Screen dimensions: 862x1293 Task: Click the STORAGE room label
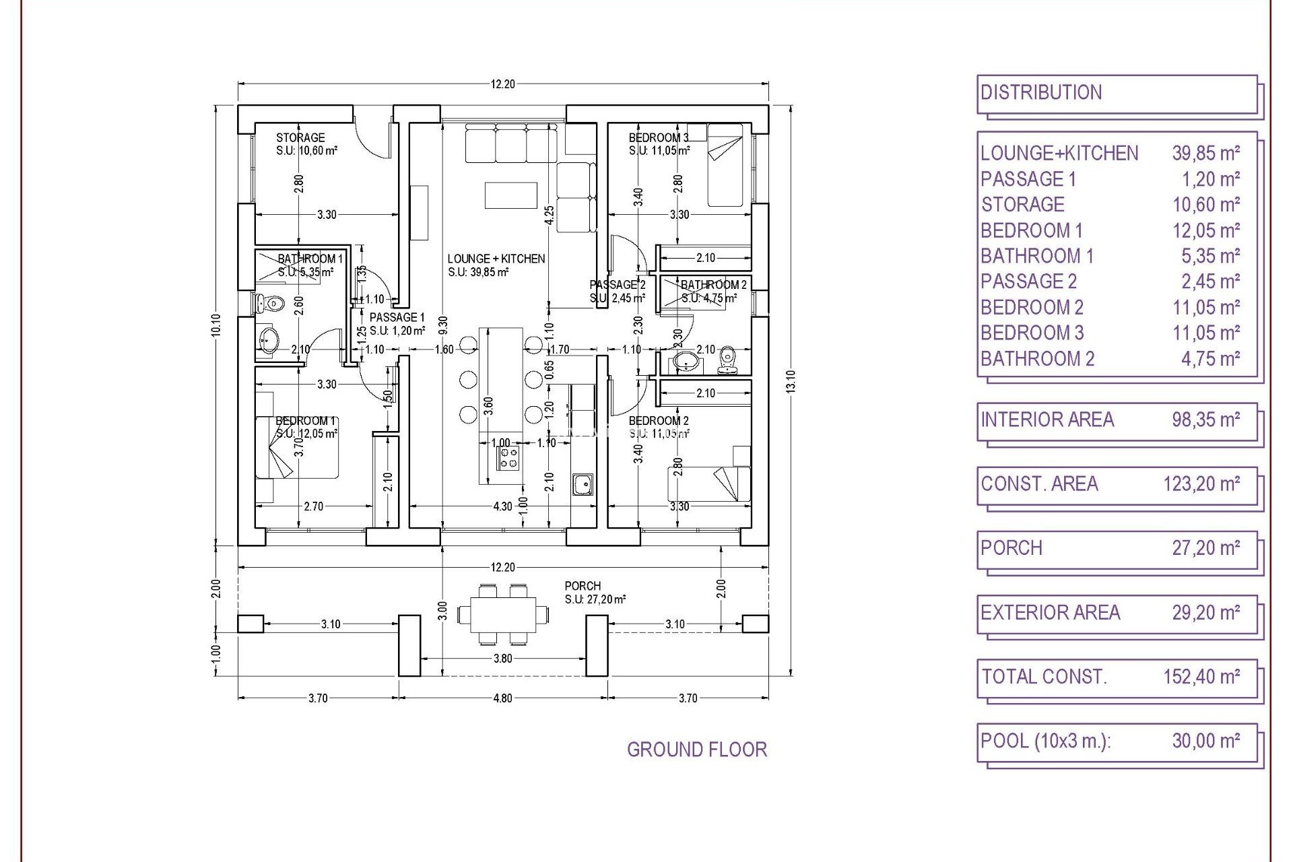[300, 137]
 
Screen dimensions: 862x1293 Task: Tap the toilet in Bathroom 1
[271, 304]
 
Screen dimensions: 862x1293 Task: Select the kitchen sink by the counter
[582, 484]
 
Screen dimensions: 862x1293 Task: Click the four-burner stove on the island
[509, 459]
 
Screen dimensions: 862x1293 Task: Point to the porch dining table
[502, 614]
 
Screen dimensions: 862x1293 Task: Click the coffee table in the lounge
[510, 195]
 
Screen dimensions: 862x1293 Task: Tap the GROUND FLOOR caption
[696, 750]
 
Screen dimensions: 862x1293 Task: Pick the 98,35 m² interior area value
[1205, 420]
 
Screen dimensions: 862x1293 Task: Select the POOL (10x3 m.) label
[1045, 741]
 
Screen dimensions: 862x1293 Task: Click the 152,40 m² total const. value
[1201, 676]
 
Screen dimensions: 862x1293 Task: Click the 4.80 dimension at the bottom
[502, 698]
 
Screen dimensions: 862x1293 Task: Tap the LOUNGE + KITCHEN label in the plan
[496, 259]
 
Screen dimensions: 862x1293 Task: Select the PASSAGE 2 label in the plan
[617, 285]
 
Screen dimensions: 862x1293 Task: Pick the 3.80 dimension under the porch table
[502, 659]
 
